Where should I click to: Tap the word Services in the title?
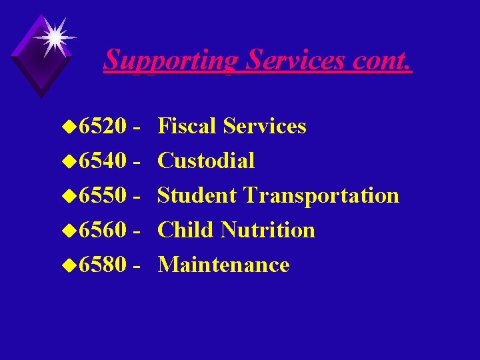294,60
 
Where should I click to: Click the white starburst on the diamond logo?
53,36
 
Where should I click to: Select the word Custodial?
206,161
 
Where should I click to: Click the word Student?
197,195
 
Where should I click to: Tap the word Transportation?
321,195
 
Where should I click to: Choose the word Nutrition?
267,230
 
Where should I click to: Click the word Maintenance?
223,265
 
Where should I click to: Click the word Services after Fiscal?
265,126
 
